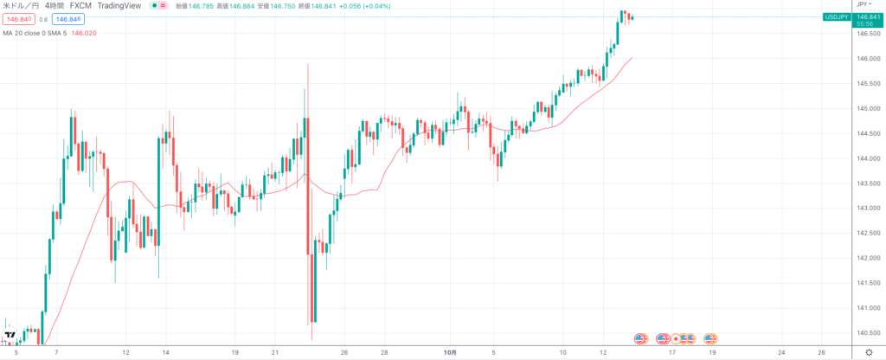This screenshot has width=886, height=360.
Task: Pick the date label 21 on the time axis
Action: [x=275, y=353]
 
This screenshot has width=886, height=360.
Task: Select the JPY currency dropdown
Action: [x=865, y=5]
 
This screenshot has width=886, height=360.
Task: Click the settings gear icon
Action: [x=869, y=353]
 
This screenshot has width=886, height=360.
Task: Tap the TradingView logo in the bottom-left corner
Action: [x=10, y=337]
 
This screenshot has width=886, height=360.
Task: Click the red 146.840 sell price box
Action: [x=18, y=19]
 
